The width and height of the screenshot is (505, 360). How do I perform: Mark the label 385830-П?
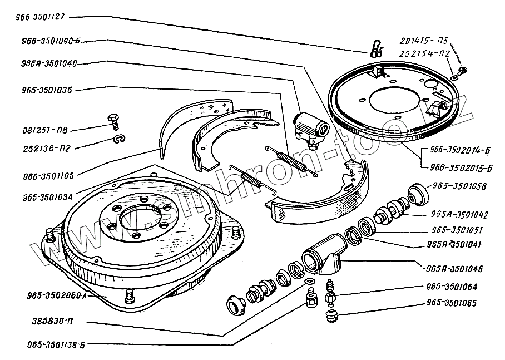tap(47, 321)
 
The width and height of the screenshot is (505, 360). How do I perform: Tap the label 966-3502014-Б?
tap(458, 150)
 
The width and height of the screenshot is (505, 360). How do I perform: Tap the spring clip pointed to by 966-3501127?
tap(376, 48)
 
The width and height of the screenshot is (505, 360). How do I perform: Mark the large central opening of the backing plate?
tap(392, 102)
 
